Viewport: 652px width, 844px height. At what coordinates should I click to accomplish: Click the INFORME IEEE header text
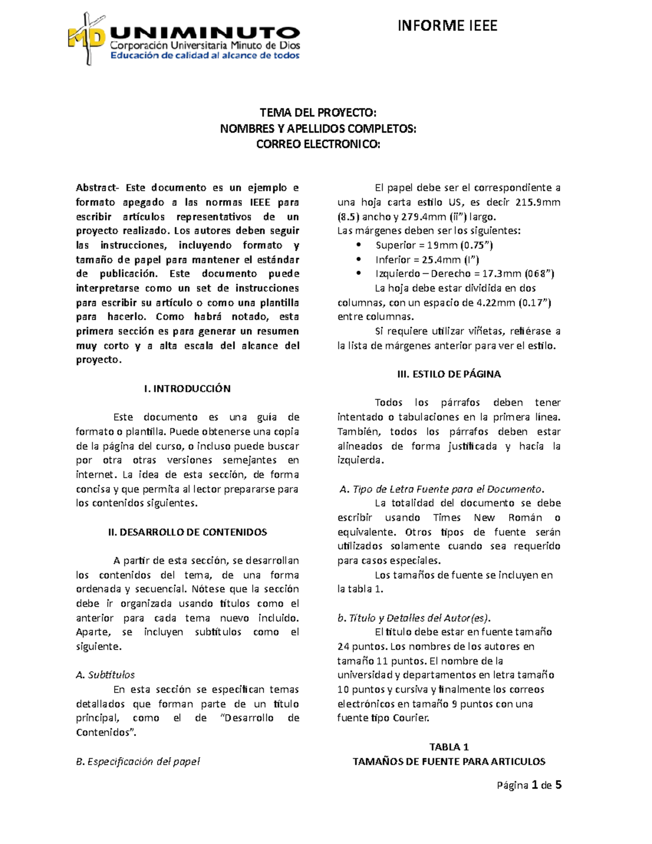pyautogui.click(x=447, y=26)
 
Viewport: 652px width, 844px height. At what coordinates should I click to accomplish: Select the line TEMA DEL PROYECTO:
pyautogui.click(x=318, y=113)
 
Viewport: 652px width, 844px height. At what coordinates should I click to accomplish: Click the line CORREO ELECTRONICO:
pyautogui.click(x=318, y=145)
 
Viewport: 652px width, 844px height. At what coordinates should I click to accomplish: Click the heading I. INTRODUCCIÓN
pyautogui.click(x=187, y=389)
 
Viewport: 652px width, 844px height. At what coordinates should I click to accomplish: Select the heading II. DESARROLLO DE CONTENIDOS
pyautogui.click(x=187, y=532)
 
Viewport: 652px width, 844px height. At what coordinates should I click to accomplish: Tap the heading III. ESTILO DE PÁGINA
pyautogui.click(x=449, y=374)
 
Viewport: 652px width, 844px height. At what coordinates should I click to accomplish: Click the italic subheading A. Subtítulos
pyautogui.click(x=105, y=675)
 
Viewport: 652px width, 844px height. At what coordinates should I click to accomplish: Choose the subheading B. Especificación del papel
pyautogui.click(x=138, y=761)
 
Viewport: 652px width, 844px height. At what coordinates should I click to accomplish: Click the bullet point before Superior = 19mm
pyautogui.click(x=358, y=246)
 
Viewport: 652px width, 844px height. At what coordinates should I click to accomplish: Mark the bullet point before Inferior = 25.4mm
pyautogui.click(x=358, y=260)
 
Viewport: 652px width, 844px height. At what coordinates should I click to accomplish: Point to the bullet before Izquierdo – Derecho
pyautogui.click(x=358, y=274)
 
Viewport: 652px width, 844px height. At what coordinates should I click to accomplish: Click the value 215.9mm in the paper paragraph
pyautogui.click(x=537, y=203)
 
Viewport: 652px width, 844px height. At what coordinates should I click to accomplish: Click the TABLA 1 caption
pyautogui.click(x=449, y=747)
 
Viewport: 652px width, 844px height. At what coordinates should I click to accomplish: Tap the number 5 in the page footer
pyautogui.click(x=558, y=785)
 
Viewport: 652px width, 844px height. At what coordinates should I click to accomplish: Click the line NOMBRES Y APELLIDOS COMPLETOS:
pyautogui.click(x=318, y=129)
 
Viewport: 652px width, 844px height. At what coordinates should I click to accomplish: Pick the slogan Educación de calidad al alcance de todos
pyautogui.click(x=205, y=55)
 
